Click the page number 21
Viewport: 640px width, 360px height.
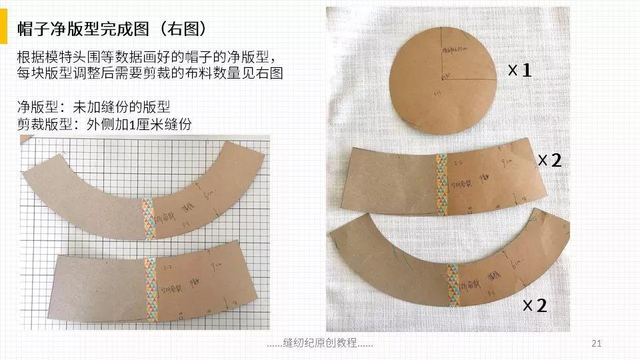tap(597, 343)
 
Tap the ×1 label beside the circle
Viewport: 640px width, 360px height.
tap(519, 70)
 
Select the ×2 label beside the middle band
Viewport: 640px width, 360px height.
tap(550, 160)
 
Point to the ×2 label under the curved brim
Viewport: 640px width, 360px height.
tap(535, 306)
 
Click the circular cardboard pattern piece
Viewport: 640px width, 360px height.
tap(443, 77)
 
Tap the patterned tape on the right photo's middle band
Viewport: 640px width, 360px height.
tap(441, 185)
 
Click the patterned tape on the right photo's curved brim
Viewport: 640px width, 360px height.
tap(453, 285)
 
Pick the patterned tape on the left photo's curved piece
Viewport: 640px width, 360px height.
tap(149, 218)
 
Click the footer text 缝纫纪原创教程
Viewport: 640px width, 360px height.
tap(319, 343)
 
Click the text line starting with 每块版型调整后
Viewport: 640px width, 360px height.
tap(150, 73)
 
